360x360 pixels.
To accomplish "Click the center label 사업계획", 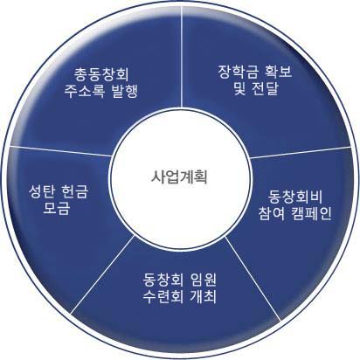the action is pyautogui.click(x=179, y=177).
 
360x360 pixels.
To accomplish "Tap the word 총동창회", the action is pyautogui.click(x=101, y=74).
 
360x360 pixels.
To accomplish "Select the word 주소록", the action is pyautogui.click(x=84, y=91).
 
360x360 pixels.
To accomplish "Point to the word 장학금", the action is pyautogui.click(x=238, y=72).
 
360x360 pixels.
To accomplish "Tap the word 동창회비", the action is pyautogui.click(x=294, y=197).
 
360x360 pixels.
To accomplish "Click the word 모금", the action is pyautogui.click(x=57, y=208).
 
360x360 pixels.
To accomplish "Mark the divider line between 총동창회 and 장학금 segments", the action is pyautogui.click(x=182, y=56).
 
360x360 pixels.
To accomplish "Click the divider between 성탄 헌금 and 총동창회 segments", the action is pyautogui.click(x=60, y=151).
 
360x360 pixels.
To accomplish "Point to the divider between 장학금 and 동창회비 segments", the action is pyautogui.click(x=301, y=152).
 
